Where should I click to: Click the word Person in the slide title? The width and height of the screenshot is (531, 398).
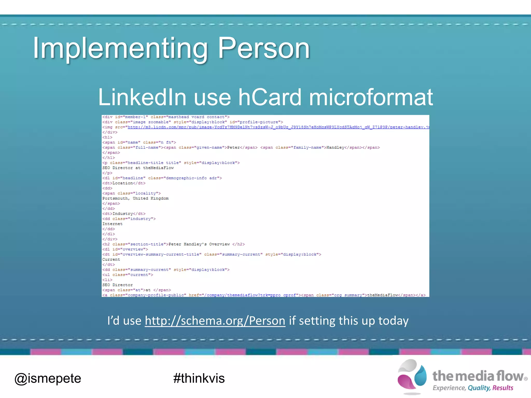pos(264,48)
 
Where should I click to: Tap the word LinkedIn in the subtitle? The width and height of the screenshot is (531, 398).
pos(142,97)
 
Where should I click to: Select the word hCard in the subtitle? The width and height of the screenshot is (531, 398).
pos(270,97)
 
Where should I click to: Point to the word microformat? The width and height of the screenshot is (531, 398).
pos(371,97)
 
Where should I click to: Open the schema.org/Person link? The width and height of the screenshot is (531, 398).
pos(215,321)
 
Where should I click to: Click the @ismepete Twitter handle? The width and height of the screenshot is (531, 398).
pos(48,378)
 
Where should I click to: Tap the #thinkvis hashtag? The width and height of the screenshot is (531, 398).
pos(199,378)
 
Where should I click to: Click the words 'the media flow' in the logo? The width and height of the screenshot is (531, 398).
pos(478,376)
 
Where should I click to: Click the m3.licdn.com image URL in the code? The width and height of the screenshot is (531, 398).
pos(277,127)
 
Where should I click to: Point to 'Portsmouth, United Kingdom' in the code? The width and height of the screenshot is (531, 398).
pos(135,198)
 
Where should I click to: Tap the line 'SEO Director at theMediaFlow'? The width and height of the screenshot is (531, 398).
pos(138,168)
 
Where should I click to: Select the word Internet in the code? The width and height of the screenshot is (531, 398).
pos(112,224)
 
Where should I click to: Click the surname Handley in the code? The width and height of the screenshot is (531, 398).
pos(335,148)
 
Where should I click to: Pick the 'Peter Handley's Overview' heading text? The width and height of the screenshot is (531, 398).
pos(199,244)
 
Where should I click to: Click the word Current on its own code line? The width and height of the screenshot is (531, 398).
pos(111,260)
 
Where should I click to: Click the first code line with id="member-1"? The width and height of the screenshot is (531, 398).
pos(166,117)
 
